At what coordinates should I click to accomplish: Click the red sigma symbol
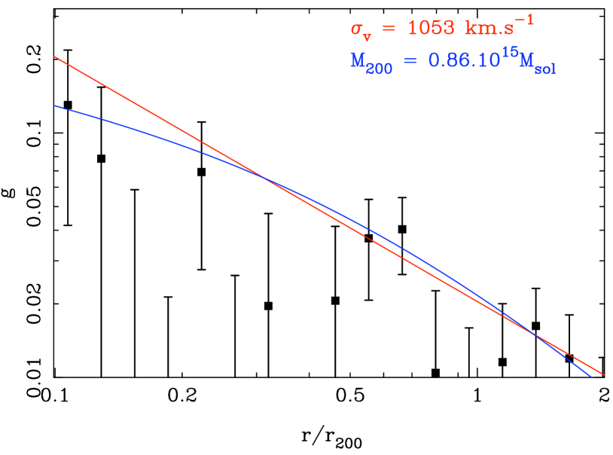(x=356, y=29)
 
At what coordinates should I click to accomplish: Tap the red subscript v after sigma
(x=367, y=35)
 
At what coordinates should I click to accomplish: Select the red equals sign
(x=388, y=29)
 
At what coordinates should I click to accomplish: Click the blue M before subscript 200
(x=358, y=60)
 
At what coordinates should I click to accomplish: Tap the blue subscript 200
(x=379, y=69)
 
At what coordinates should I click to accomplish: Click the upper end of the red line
(x=54, y=56)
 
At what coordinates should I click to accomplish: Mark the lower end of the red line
(x=603, y=374)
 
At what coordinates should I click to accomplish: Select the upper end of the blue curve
(x=54, y=105)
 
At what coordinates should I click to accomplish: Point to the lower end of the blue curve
(x=590, y=376)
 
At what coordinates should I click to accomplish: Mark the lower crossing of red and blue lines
(x=533, y=333)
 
